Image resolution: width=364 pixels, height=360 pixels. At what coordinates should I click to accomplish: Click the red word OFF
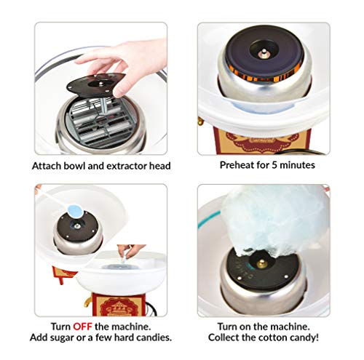[82, 327]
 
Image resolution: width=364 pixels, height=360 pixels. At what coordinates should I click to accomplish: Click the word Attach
[47, 166]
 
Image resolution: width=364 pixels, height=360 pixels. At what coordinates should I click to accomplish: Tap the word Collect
[223, 337]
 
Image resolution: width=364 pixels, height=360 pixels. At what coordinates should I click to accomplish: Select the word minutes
[297, 165]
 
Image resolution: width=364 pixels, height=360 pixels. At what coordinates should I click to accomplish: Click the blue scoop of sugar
[75, 210]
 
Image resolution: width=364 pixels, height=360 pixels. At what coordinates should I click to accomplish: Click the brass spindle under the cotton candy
[262, 264]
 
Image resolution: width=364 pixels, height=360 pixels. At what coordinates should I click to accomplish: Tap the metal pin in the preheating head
[264, 52]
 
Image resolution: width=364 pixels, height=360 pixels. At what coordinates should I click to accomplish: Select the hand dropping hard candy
[130, 251]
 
